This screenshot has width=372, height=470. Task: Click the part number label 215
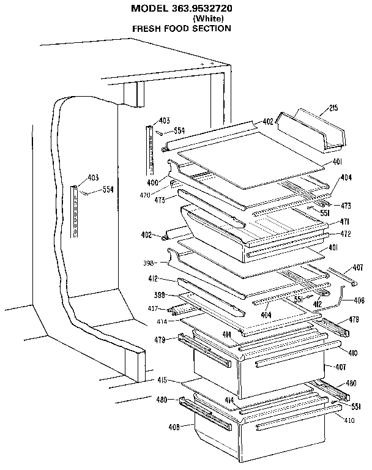pyautogui.click(x=333, y=109)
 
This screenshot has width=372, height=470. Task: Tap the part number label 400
pyautogui.click(x=152, y=183)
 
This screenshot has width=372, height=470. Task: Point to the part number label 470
pyautogui.click(x=145, y=195)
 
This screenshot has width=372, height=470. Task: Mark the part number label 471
pyautogui.click(x=344, y=222)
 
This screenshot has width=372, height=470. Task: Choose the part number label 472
pyautogui.click(x=344, y=234)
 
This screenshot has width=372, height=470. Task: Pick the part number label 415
pyautogui.click(x=162, y=381)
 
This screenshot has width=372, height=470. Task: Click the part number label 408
pyautogui.click(x=174, y=427)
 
